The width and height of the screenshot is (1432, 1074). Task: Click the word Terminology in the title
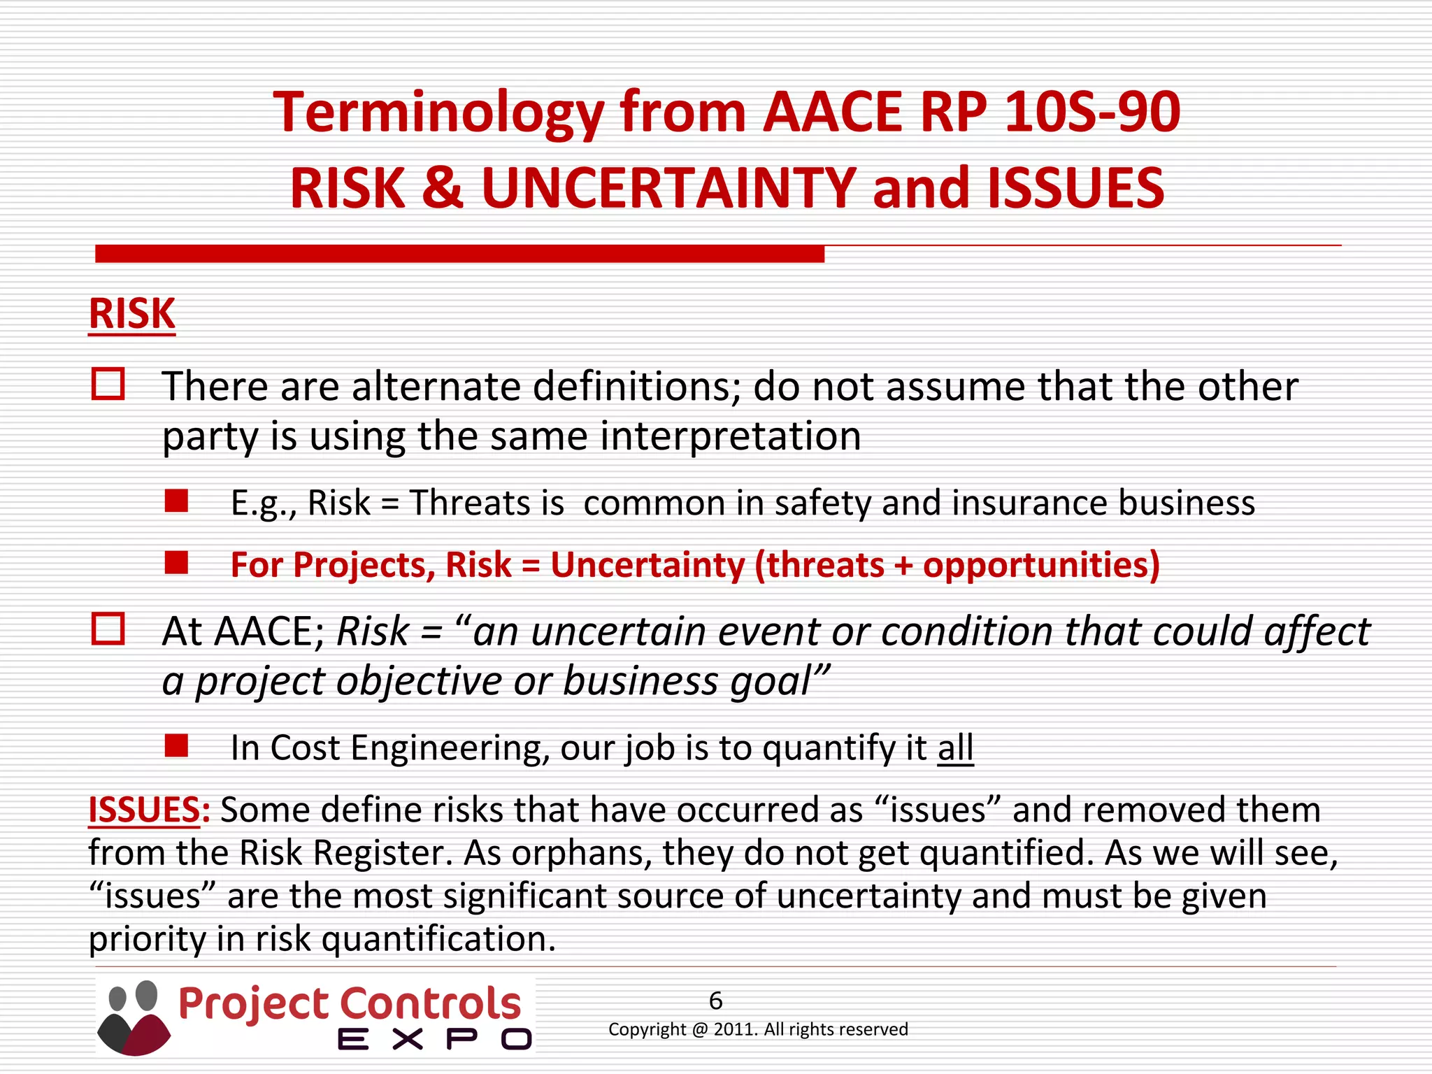(438, 113)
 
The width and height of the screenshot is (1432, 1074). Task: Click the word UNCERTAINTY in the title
(668, 189)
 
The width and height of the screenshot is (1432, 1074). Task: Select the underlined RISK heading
(131, 314)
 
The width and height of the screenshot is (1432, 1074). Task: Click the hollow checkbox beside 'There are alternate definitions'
(108, 385)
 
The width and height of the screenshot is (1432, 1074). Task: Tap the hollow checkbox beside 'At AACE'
(108, 629)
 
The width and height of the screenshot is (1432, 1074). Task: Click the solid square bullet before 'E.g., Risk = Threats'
(176, 501)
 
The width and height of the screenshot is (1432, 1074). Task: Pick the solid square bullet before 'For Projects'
(176, 563)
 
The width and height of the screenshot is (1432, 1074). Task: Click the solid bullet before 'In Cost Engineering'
(176, 746)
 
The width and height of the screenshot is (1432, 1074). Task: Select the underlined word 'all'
(955, 748)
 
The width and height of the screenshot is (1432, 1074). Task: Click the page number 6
(715, 1001)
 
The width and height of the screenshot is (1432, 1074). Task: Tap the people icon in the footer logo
(134, 1017)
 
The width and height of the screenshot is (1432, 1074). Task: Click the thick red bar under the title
(459, 254)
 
